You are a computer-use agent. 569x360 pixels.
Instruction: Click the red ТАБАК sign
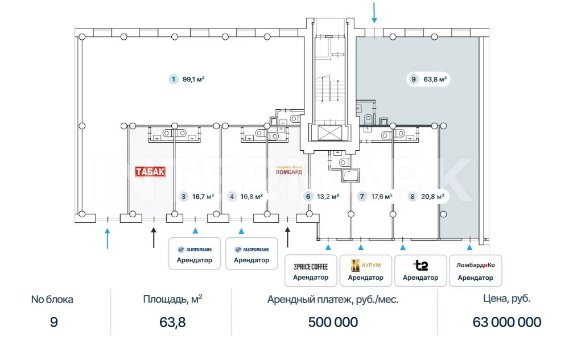150,172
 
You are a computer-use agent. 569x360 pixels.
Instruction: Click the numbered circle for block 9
414,80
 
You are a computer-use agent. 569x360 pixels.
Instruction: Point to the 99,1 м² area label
193,80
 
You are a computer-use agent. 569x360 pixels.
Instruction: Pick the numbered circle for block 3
183,197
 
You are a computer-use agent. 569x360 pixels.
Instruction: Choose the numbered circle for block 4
232,197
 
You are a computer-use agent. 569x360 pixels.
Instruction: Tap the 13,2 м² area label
328,197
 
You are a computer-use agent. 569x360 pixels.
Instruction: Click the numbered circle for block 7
362,197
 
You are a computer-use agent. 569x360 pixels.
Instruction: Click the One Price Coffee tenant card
311,270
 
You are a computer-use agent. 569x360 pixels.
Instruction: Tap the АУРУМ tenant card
365,270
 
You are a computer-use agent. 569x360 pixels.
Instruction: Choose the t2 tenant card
420,270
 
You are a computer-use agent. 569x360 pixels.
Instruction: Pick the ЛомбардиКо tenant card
475,270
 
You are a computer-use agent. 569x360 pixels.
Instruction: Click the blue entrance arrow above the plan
374,11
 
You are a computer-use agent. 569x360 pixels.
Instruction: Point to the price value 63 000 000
507,322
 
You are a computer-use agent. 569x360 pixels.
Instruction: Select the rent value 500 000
333,322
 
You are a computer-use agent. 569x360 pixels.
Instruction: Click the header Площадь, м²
172,299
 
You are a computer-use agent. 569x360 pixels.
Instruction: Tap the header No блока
52,299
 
